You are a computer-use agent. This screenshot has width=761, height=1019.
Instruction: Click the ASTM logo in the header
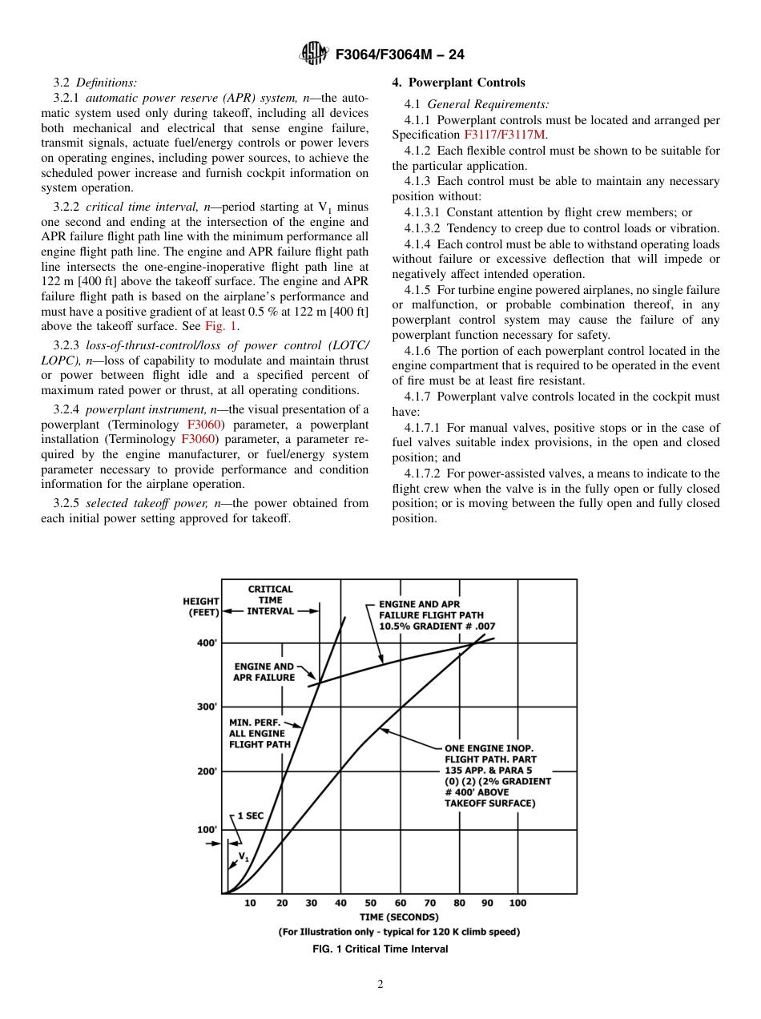(x=313, y=54)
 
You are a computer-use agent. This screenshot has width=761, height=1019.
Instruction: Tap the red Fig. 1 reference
(x=221, y=326)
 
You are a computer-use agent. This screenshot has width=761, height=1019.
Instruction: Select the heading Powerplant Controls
(x=458, y=83)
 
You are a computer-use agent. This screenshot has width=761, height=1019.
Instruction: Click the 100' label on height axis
(x=207, y=830)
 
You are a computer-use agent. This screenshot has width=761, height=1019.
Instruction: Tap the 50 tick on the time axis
(x=371, y=903)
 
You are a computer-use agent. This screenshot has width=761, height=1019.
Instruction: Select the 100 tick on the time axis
(x=517, y=903)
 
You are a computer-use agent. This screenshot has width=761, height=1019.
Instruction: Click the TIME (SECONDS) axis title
(x=399, y=917)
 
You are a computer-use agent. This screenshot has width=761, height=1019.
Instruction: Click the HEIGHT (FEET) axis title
(x=201, y=606)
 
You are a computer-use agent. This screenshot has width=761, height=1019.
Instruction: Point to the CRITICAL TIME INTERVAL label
(x=270, y=600)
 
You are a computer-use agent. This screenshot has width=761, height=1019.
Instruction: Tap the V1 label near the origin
(x=244, y=858)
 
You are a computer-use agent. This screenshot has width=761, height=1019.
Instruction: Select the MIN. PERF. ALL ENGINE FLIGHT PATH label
(x=260, y=733)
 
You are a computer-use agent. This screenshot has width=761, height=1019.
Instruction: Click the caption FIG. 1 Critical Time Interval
(x=380, y=949)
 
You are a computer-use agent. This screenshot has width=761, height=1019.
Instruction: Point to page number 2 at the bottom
(x=380, y=985)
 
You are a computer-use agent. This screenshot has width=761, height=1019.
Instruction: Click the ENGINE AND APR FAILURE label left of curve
(x=264, y=671)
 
